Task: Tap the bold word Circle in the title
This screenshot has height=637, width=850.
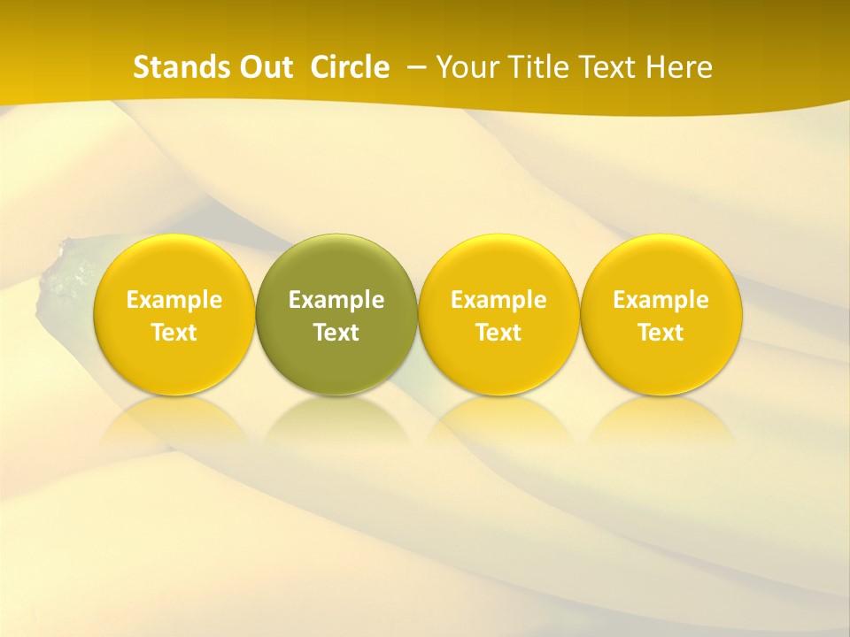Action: [350, 67]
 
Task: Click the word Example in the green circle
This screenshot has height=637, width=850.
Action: [336, 301]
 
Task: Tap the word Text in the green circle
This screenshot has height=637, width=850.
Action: [336, 333]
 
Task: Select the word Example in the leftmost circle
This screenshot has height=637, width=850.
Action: [174, 301]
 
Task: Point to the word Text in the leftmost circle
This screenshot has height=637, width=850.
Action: [174, 333]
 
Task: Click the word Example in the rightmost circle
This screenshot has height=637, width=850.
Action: [661, 301]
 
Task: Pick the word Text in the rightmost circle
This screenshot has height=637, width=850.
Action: [661, 333]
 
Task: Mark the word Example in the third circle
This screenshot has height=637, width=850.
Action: [498, 301]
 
